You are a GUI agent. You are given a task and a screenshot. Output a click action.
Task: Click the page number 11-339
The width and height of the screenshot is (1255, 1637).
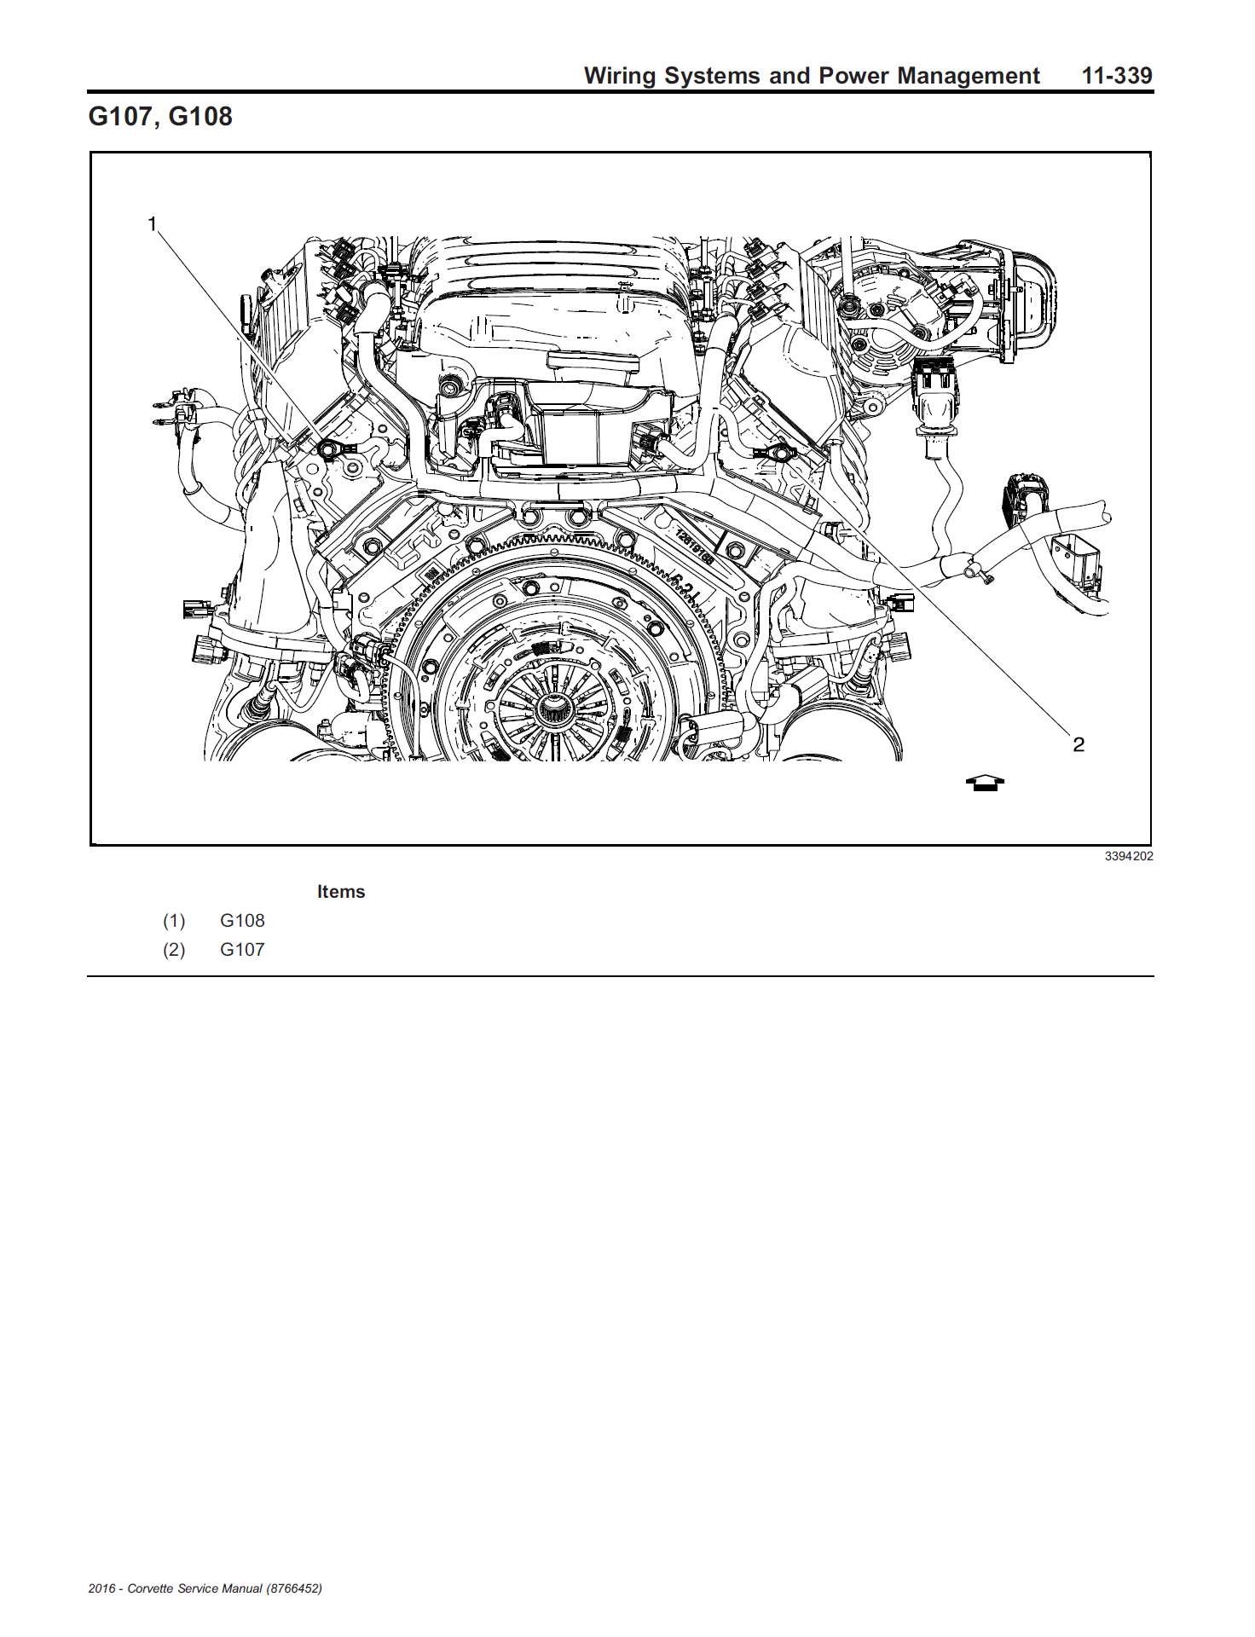(1117, 76)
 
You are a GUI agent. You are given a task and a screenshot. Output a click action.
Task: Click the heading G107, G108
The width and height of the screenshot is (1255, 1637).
(160, 117)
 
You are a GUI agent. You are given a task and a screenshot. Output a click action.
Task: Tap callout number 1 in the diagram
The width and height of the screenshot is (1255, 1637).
(153, 224)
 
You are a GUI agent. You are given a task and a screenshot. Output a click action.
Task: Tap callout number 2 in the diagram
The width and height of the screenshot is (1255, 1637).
(1079, 744)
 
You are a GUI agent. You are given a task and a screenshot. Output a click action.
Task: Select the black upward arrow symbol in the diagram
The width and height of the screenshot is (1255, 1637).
(985, 783)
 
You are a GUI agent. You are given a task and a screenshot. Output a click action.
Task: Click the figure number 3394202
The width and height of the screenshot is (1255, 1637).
(1129, 856)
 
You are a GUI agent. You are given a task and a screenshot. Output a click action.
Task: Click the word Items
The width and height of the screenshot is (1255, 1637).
(341, 892)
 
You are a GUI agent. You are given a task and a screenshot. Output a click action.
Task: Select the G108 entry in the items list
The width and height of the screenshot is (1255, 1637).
(242, 921)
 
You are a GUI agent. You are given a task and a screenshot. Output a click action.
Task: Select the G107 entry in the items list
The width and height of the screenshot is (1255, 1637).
(242, 950)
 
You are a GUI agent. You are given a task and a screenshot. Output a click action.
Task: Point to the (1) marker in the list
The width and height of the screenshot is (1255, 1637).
(174, 921)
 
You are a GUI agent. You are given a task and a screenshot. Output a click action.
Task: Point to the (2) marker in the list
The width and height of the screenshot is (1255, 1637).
(174, 950)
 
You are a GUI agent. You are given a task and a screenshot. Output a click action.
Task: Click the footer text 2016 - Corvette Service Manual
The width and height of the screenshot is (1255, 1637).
(175, 1588)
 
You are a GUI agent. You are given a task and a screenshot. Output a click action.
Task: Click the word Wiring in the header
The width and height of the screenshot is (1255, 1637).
(620, 76)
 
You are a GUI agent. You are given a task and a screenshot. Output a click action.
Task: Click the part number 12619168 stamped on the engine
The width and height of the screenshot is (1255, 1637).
(694, 546)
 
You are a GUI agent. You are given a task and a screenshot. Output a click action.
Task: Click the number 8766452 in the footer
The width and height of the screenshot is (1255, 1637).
(294, 1588)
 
